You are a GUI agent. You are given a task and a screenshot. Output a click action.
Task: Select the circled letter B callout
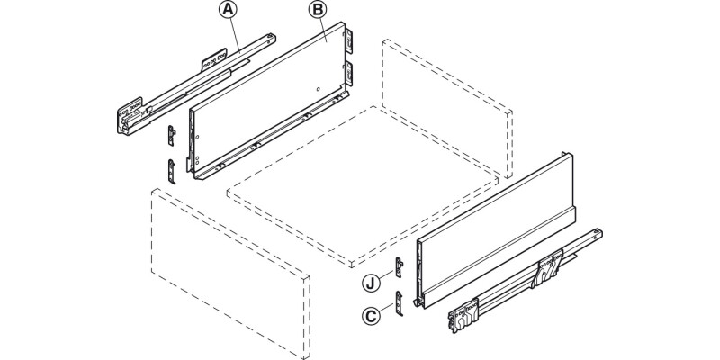point(316,11)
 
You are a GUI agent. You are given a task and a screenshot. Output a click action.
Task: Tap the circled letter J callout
point(370,284)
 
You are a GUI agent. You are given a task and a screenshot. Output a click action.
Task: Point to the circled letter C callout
point(370,316)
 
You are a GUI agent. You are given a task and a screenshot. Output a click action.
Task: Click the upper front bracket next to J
point(402,268)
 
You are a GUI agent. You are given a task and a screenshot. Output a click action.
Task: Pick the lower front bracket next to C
point(401,302)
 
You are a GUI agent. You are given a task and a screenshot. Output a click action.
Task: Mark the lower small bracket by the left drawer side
point(172,168)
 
